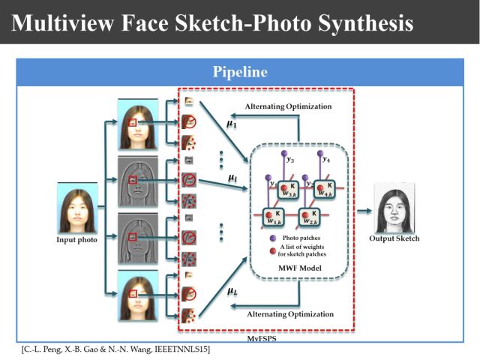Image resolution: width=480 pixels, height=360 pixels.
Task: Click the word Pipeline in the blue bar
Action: (x=239, y=73)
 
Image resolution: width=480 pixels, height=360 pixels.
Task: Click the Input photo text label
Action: (x=78, y=240)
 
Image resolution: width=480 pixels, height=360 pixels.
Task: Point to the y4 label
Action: (x=326, y=158)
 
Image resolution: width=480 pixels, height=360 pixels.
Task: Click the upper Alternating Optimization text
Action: (x=288, y=106)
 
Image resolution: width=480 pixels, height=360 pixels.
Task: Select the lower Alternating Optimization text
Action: (x=288, y=313)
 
